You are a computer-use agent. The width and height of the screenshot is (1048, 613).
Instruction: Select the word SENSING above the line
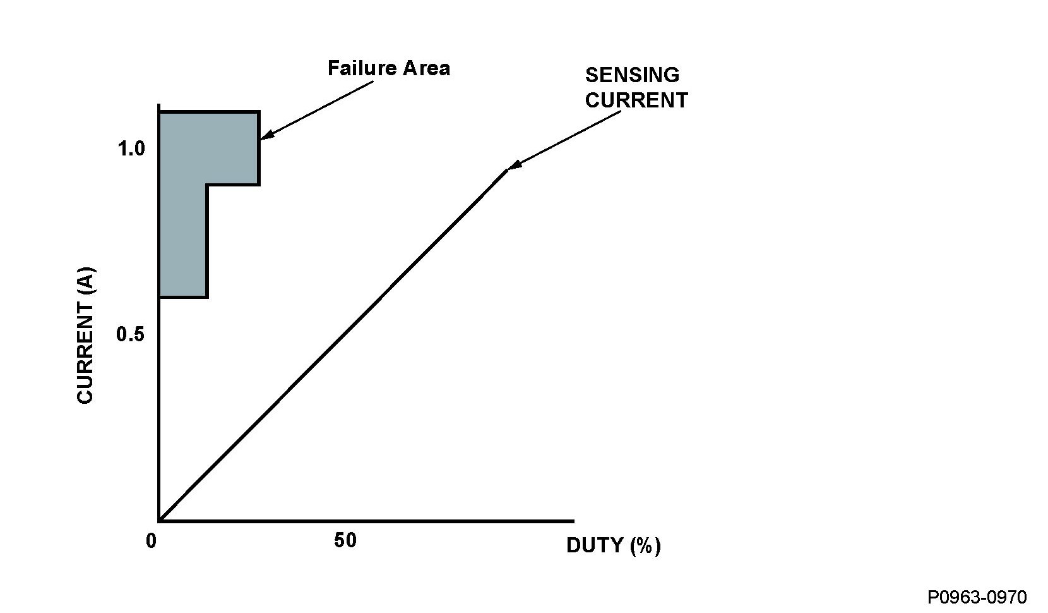point(632,75)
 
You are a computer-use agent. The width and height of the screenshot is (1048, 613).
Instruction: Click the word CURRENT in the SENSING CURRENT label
point(636,100)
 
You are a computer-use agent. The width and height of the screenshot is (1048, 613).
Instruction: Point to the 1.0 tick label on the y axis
point(131,149)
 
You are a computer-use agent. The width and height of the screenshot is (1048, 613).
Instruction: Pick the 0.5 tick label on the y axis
point(130,334)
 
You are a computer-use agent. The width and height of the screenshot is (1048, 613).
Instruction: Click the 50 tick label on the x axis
point(345,541)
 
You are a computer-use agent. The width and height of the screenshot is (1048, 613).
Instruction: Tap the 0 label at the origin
point(151,542)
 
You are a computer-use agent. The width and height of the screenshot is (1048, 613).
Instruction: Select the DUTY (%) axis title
point(613,545)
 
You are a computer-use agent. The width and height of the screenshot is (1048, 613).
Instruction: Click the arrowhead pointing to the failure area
point(265,135)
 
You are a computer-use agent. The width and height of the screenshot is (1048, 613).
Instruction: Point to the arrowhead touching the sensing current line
point(513,166)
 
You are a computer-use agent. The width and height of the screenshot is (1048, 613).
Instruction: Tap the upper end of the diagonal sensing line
point(506,170)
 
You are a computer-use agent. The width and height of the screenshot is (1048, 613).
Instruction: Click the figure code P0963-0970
point(977,597)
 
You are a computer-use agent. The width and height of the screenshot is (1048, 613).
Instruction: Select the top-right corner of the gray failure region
point(259,112)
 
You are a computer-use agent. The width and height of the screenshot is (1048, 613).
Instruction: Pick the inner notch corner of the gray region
point(207,185)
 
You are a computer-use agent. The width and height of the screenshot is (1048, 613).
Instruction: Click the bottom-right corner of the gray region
point(207,296)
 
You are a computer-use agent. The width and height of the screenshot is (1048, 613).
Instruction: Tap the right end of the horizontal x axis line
point(573,521)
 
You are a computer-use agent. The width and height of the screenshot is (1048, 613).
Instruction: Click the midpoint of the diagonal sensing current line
point(333,346)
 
